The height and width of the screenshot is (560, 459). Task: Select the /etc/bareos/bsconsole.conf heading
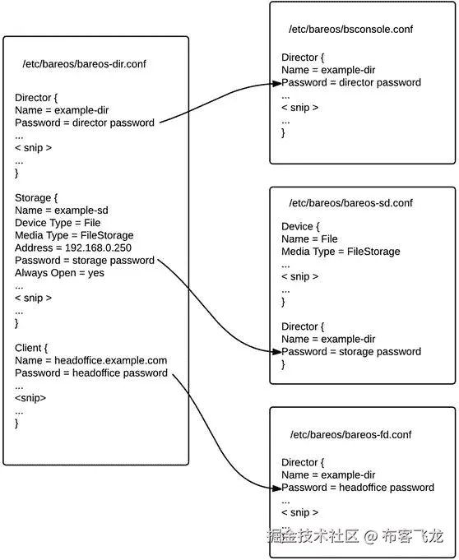point(350,30)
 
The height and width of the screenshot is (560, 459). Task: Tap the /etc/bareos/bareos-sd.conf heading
point(350,203)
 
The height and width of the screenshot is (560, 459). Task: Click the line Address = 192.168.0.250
point(73,248)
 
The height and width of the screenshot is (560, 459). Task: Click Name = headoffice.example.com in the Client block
point(90,360)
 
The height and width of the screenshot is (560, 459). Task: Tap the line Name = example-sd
point(62,211)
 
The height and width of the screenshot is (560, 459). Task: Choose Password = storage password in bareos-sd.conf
point(351,351)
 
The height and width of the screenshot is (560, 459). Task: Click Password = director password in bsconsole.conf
point(351,82)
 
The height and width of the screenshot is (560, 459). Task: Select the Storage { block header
point(36,198)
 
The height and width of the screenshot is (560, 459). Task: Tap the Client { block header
point(33,348)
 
